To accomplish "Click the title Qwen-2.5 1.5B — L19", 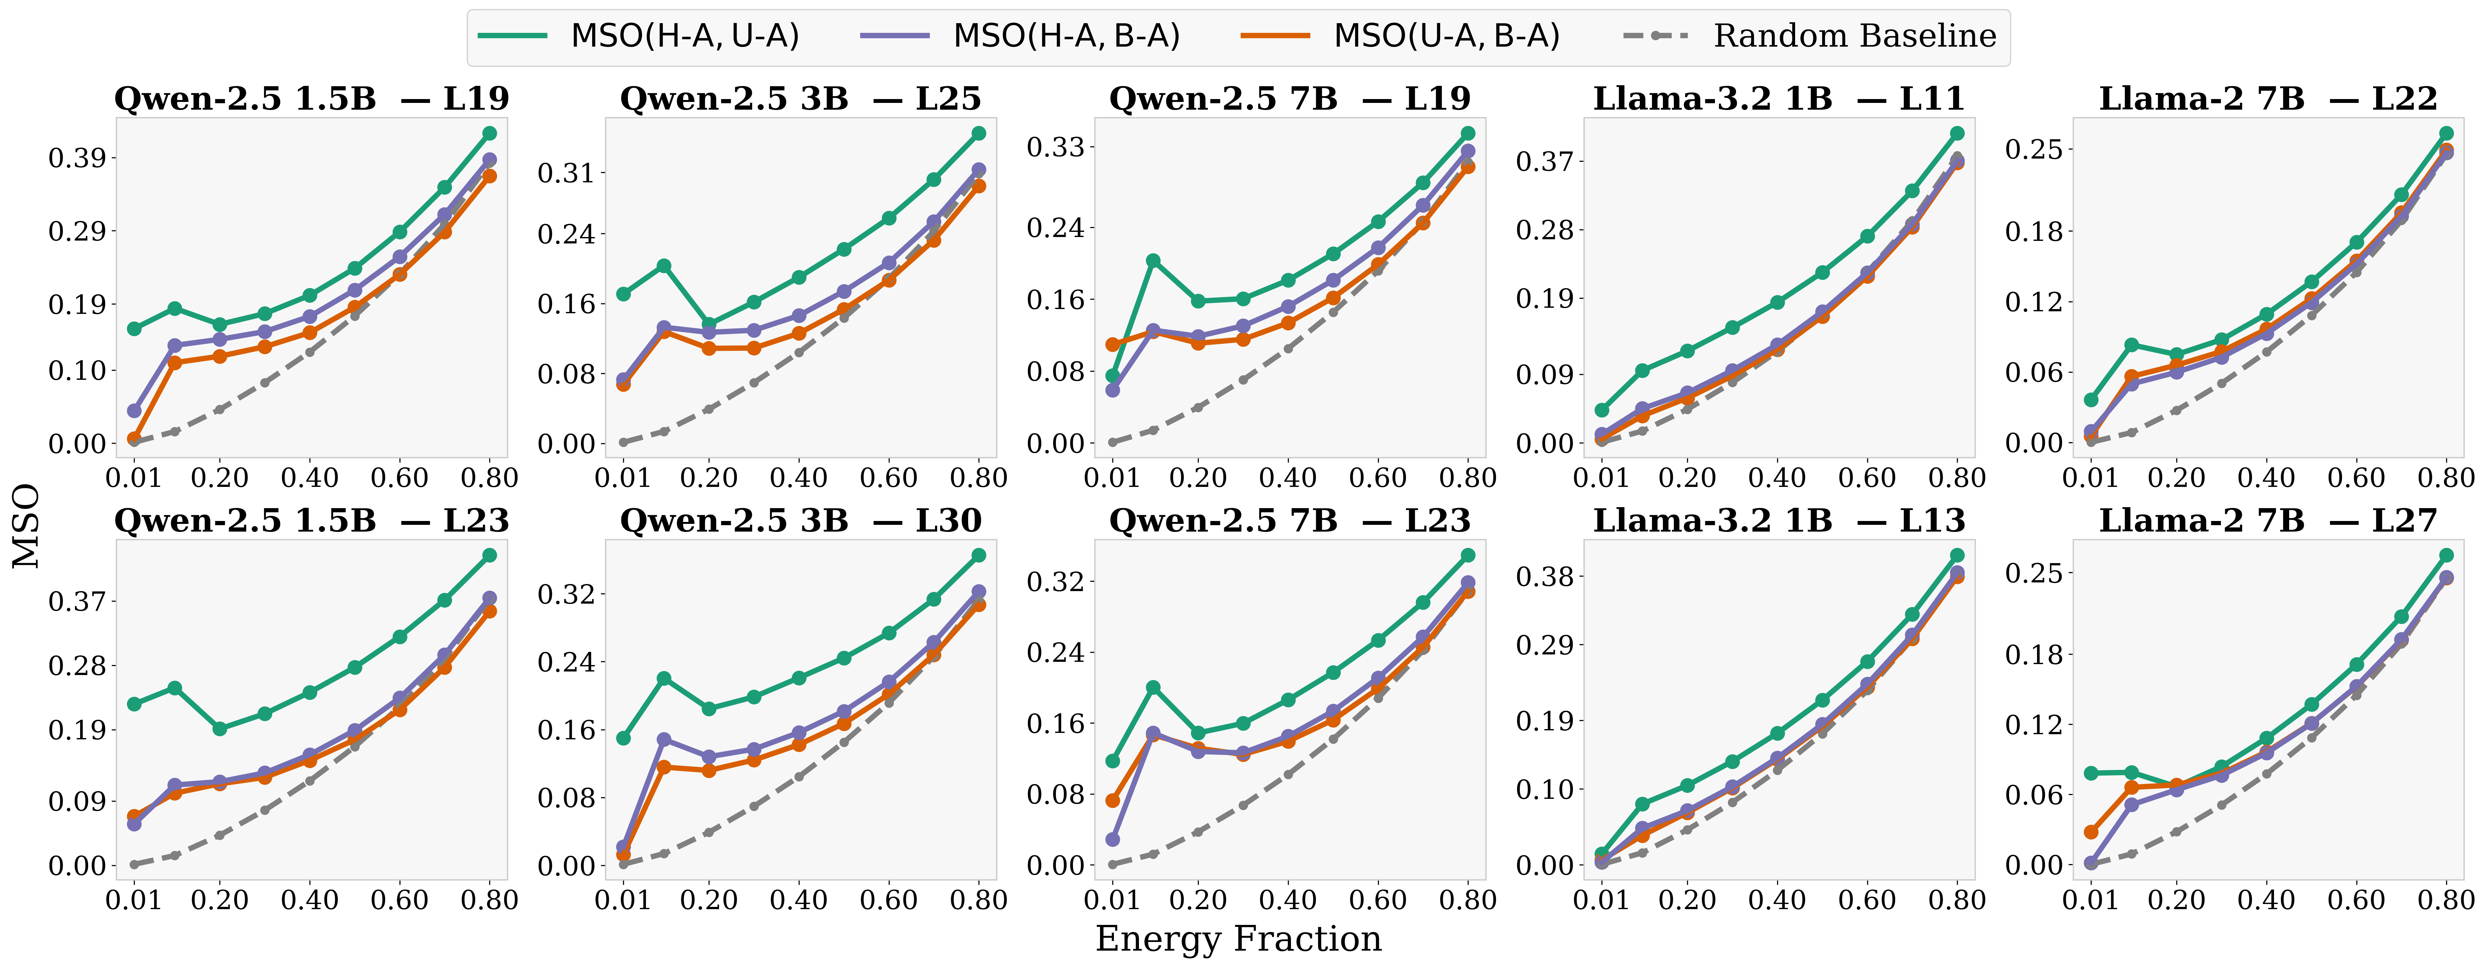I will click(x=311, y=98).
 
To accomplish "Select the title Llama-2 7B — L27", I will click(x=2268, y=521).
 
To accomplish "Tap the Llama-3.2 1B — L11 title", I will click(x=1779, y=98).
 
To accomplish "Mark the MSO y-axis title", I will click(x=26, y=526).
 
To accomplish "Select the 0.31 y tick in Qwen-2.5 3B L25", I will click(x=565, y=174).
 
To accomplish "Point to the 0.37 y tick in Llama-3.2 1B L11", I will click(x=1544, y=160).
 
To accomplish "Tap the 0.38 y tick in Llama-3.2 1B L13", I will click(x=1544, y=577).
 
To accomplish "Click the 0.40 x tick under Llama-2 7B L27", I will click(x=2266, y=900).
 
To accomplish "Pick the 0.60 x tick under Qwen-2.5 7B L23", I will click(x=1377, y=900).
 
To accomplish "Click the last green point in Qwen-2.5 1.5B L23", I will click(x=489, y=555).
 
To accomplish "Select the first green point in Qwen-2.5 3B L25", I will click(x=623, y=293).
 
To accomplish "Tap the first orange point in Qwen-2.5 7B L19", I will click(x=1113, y=344).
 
